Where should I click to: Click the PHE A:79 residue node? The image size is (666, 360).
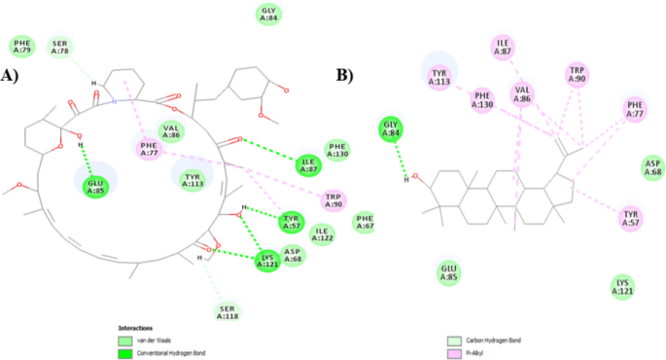tap(22, 46)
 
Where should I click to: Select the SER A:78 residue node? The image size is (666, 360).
tap(60, 46)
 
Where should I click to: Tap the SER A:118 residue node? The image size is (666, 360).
tap(227, 310)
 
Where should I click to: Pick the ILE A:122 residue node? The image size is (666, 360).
tap(324, 233)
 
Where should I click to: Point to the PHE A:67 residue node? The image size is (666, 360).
tap(365, 222)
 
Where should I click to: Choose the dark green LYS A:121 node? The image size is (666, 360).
tap(268, 260)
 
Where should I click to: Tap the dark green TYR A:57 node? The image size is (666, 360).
tap(290, 222)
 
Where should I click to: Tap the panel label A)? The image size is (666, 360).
tap(11, 75)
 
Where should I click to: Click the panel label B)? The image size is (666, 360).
tap(343, 75)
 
